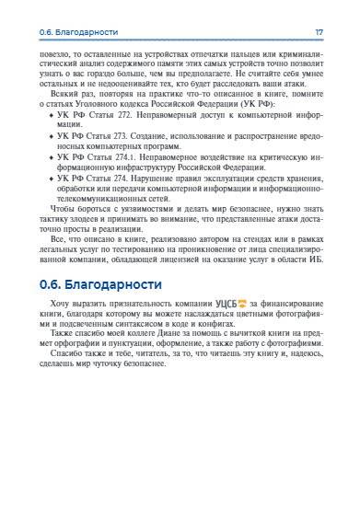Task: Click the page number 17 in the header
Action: pyautogui.click(x=319, y=32)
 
